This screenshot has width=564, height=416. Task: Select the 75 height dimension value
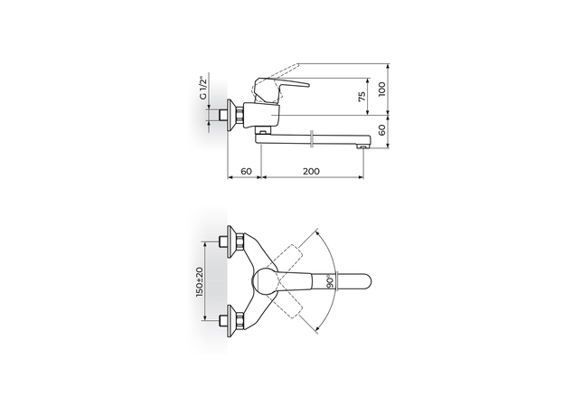tap(361, 97)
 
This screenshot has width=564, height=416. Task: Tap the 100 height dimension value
tap(383, 89)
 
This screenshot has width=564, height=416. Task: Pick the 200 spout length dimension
tap(312, 171)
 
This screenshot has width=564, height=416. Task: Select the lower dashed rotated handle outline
tap(297, 306)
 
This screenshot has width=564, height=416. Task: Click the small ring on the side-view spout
tap(311, 137)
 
